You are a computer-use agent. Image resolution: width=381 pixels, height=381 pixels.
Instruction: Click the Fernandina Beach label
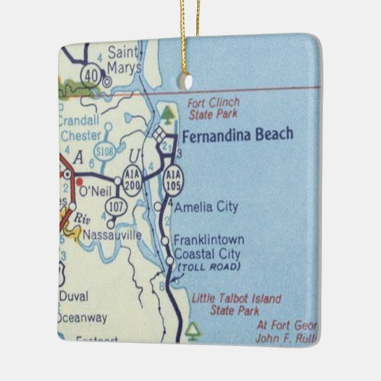(237, 134)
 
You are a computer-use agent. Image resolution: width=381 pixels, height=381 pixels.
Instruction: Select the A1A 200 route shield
(132, 181)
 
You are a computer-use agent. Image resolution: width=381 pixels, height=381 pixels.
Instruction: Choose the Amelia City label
(206, 207)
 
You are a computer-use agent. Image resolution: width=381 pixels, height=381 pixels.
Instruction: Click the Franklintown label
(211, 240)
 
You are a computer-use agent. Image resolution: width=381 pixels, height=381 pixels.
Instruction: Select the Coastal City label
(209, 254)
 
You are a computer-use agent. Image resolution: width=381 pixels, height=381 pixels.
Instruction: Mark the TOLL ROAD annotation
(206, 267)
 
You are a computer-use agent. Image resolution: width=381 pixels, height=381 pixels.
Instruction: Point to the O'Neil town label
(93, 191)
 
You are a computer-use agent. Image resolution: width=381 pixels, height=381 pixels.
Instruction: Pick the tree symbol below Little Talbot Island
(192, 329)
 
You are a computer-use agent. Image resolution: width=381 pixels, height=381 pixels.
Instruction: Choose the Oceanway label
(82, 316)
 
